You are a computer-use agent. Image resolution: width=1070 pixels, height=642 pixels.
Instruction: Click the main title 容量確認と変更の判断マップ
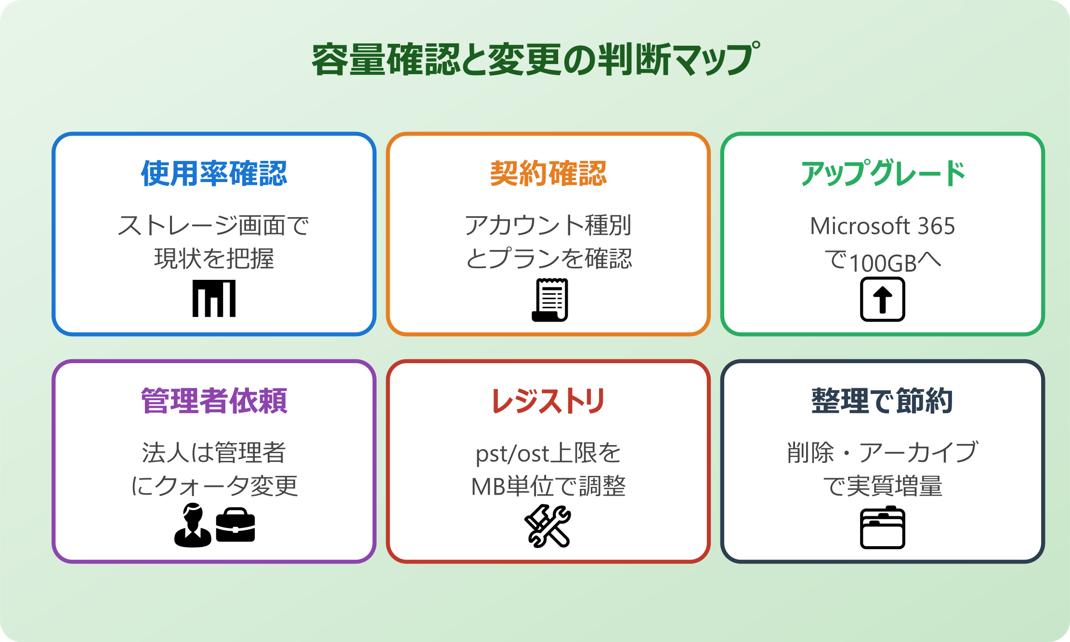click(x=535, y=60)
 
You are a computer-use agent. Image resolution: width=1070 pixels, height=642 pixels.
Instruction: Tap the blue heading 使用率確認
click(x=214, y=173)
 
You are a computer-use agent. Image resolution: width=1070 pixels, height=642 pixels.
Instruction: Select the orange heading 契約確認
click(x=548, y=173)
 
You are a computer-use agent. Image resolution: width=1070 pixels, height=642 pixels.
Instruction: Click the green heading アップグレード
click(x=882, y=173)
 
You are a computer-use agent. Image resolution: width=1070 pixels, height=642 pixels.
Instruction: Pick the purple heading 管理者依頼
click(x=214, y=401)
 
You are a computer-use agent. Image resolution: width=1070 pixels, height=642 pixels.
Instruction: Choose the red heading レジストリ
click(x=548, y=401)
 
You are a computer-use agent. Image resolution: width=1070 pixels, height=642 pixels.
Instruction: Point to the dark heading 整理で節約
click(x=882, y=401)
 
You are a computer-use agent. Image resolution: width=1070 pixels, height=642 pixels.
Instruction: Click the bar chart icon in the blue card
click(x=214, y=299)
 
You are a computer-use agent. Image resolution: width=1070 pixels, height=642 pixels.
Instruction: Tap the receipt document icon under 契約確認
click(x=550, y=300)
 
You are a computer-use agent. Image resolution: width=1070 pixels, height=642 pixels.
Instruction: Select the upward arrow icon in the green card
click(x=882, y=299)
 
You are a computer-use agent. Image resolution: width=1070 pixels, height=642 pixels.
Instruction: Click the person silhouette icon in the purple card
click(x=193, y=525)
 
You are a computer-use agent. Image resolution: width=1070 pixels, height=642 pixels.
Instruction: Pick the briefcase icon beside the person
click(x=235, y=525)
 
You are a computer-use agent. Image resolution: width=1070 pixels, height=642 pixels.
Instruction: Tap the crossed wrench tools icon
click(x=548, y=526)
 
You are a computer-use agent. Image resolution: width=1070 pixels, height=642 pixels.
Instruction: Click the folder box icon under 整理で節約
click(x=882, y=527)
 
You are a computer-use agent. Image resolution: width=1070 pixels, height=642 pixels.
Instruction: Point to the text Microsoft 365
click(x=882, y=226)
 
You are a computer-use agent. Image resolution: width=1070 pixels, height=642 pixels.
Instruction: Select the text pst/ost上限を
click(x=548, y=453)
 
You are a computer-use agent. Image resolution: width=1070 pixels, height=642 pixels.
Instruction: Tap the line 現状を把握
click(x=214, y=259)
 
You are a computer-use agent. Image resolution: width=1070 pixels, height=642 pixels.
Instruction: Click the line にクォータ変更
click(x=214, y=486)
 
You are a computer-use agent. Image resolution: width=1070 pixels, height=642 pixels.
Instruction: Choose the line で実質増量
click(x=882, y=486)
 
